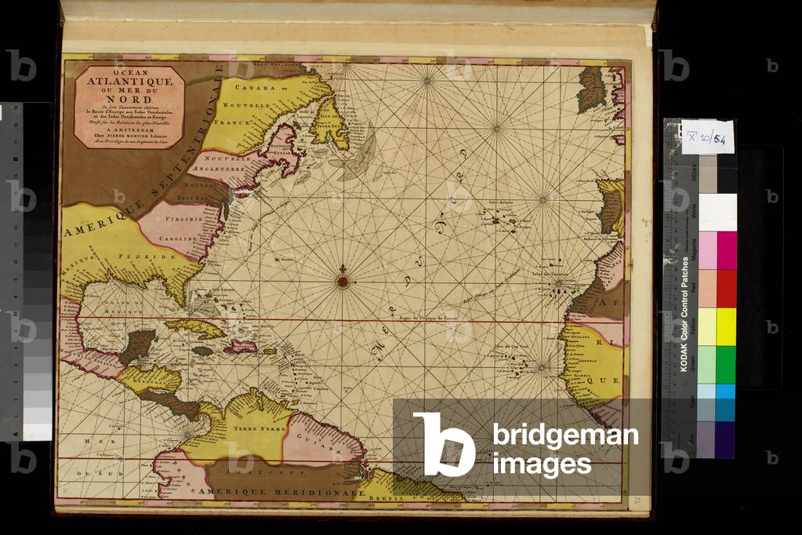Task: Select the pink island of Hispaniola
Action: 241,344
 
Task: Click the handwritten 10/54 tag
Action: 708,137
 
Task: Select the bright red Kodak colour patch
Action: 727,289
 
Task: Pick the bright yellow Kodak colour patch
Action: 727,326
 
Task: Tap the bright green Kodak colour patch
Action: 727,364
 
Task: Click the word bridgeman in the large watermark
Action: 564,435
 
